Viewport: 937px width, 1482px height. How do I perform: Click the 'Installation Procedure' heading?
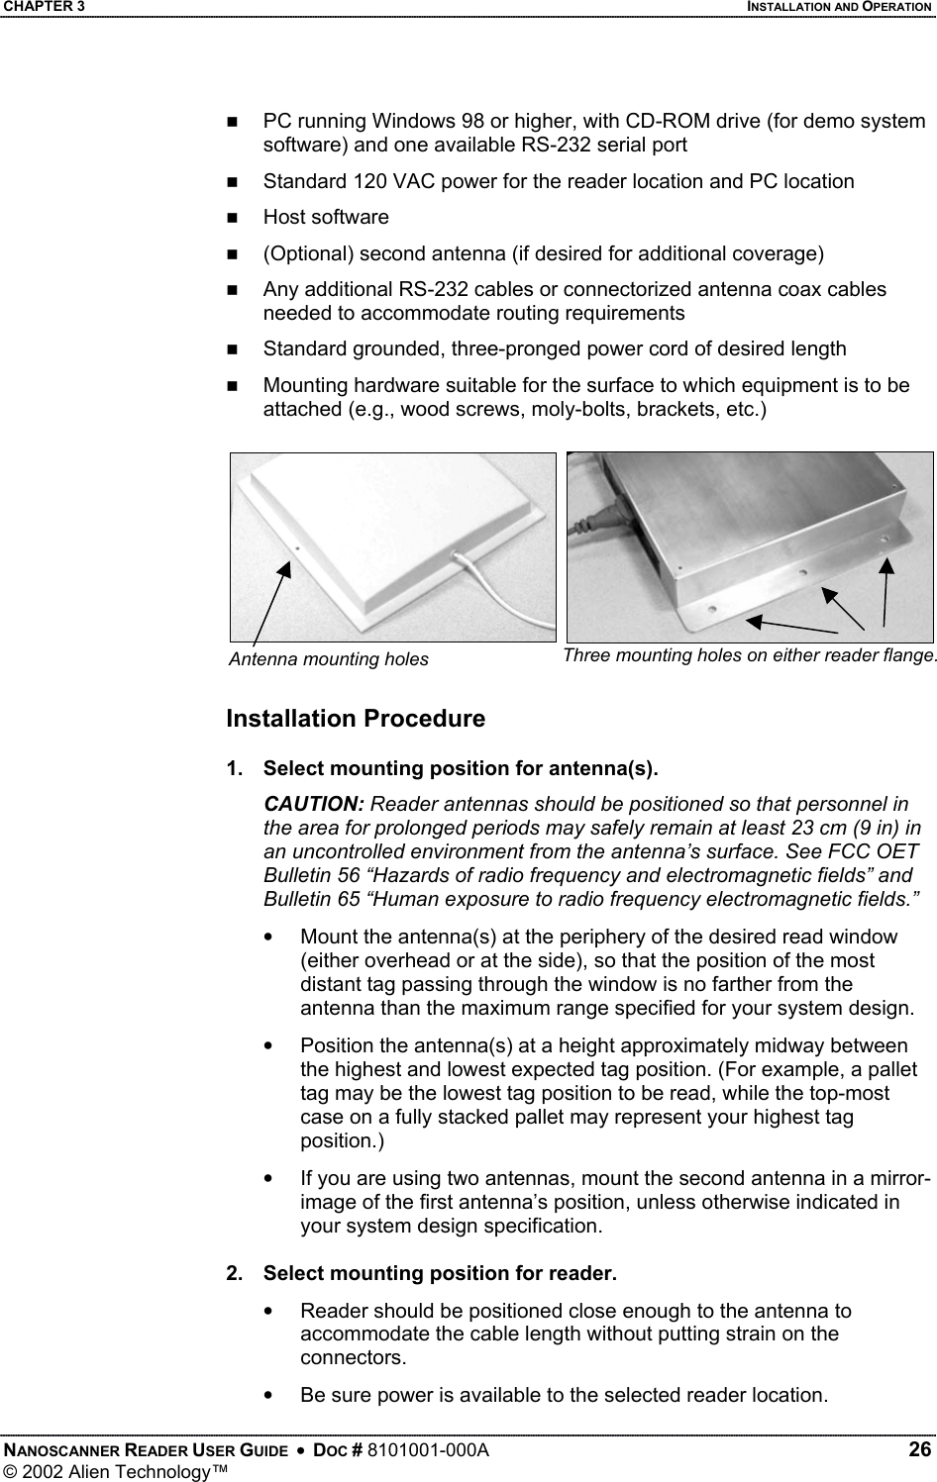coord(356,719)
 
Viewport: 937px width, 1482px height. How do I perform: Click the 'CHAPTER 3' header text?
coord(43,7)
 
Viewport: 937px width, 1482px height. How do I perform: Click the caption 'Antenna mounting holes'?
coord(328,659)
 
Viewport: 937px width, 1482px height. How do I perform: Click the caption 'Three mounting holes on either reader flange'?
coord(748,655)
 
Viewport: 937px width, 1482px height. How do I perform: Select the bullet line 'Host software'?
coord(325,217)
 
